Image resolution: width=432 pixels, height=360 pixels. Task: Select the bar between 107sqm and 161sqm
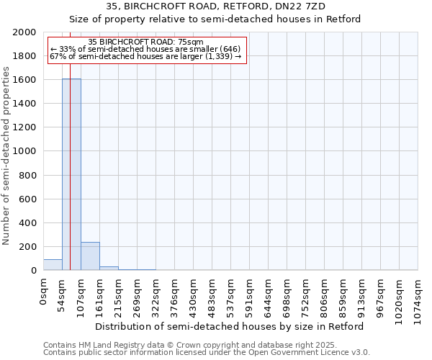[90, 256]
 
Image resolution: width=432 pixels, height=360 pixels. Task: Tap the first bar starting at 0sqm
[53, 265]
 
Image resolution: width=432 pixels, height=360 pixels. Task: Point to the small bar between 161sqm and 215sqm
[109, 269]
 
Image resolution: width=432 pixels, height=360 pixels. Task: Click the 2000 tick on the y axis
[25, 32]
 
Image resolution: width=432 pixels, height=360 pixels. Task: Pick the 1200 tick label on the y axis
[25, 127]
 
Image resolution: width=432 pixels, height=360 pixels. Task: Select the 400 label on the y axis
[28, 223]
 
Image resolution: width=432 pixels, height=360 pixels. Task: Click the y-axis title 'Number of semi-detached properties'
[6, 156]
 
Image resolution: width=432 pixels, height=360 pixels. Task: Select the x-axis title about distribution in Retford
[230, 326]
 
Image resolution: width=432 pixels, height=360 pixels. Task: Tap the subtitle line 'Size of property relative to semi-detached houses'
[215, 19]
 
